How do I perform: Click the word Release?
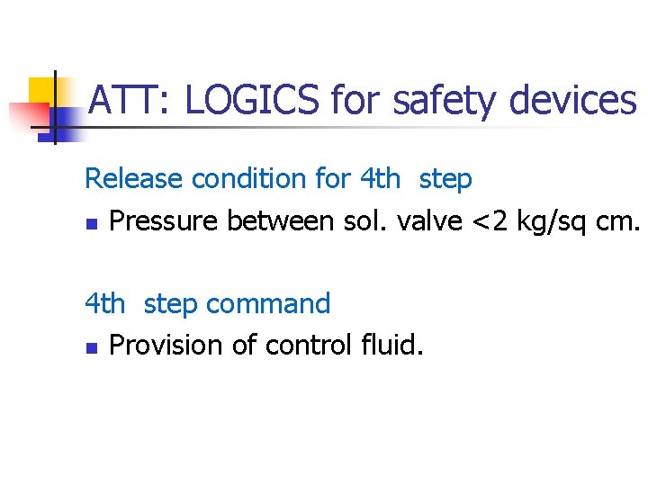click(x=134, y=178)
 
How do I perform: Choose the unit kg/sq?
click(x=553, y=221)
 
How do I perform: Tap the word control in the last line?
click(x=306, y=346)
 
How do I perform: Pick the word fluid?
click(x=390, y=346)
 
